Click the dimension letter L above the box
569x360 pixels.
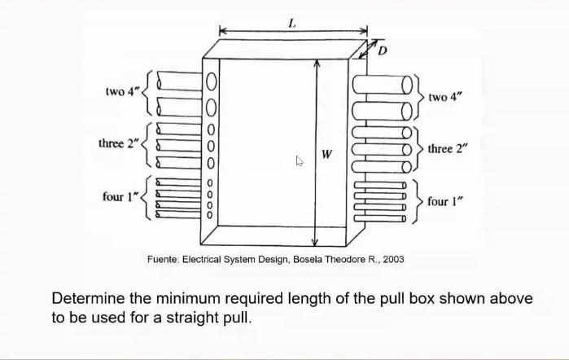point(290,23)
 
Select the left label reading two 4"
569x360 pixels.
point(121,91)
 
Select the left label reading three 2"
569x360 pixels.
point(117,144)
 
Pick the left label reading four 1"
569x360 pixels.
point(120,196)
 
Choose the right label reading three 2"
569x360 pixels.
point(449,149)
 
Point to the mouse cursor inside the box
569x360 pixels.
point(299,161)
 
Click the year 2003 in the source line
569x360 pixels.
point(392,259)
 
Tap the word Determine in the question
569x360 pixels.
point(88,298)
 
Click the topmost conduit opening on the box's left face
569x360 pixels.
point(210,81)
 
